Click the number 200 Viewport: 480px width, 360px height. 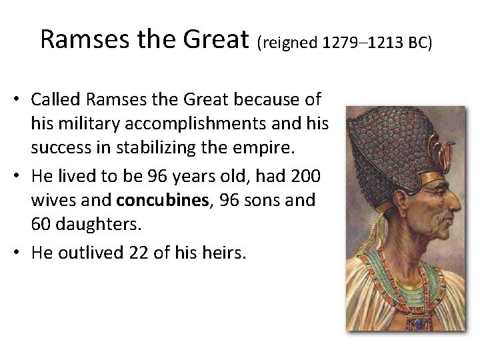(x=306, y=176)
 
